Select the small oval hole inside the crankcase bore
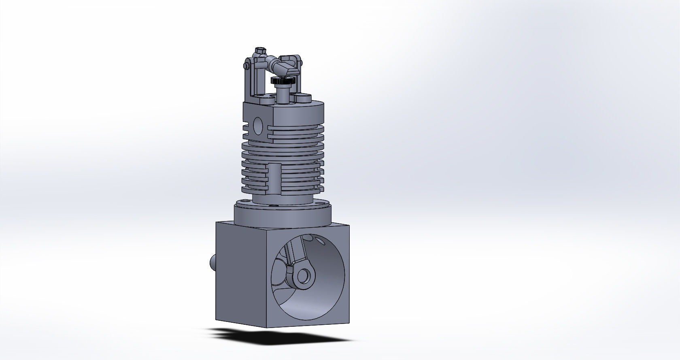[321, 241]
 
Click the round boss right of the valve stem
[304, 98]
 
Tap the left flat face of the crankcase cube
[240, 275]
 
